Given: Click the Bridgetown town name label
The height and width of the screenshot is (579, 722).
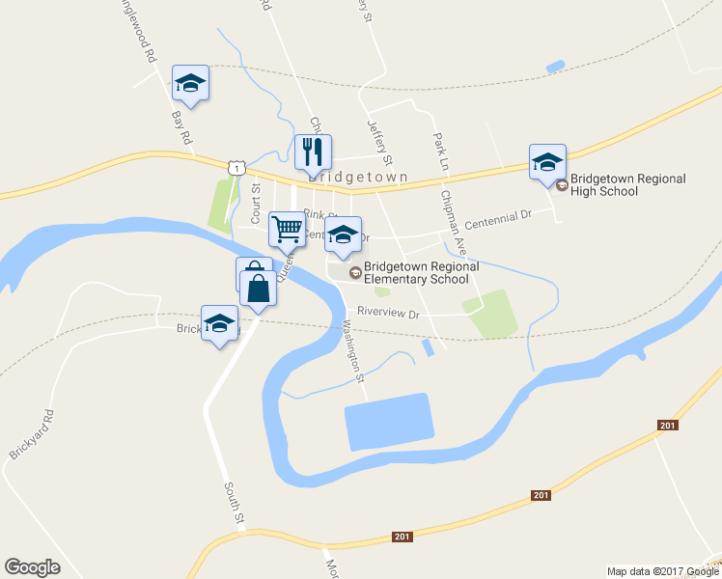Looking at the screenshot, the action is (x=358, y=178).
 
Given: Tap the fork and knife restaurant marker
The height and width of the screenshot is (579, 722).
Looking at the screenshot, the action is (x=313, y=152).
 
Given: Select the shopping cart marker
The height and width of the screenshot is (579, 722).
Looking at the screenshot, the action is (x=286, y=231).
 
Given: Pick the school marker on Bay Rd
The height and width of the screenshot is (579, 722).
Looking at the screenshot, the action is (x=190, y=83).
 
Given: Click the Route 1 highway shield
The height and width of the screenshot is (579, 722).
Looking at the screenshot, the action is (x=236, y=167).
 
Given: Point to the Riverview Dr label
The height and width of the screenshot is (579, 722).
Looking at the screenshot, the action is (x=388, y=313).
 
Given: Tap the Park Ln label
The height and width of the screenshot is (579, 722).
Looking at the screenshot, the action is (x=442, y=146).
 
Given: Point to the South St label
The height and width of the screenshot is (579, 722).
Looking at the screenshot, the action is (x=234, y=505).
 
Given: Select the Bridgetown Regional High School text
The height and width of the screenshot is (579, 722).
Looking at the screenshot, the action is (x=627, y=184).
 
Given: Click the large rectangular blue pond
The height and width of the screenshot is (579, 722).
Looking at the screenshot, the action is (x=388, y=422).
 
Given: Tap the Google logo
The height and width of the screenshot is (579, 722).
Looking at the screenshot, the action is (x=32, y=567).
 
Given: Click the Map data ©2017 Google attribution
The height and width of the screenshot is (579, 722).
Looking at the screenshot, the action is (x=661, y=571).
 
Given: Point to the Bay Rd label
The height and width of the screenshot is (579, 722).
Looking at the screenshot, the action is (x=181, y=127).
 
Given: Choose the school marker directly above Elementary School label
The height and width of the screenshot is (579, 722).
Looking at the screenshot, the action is (x=343, y=234).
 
